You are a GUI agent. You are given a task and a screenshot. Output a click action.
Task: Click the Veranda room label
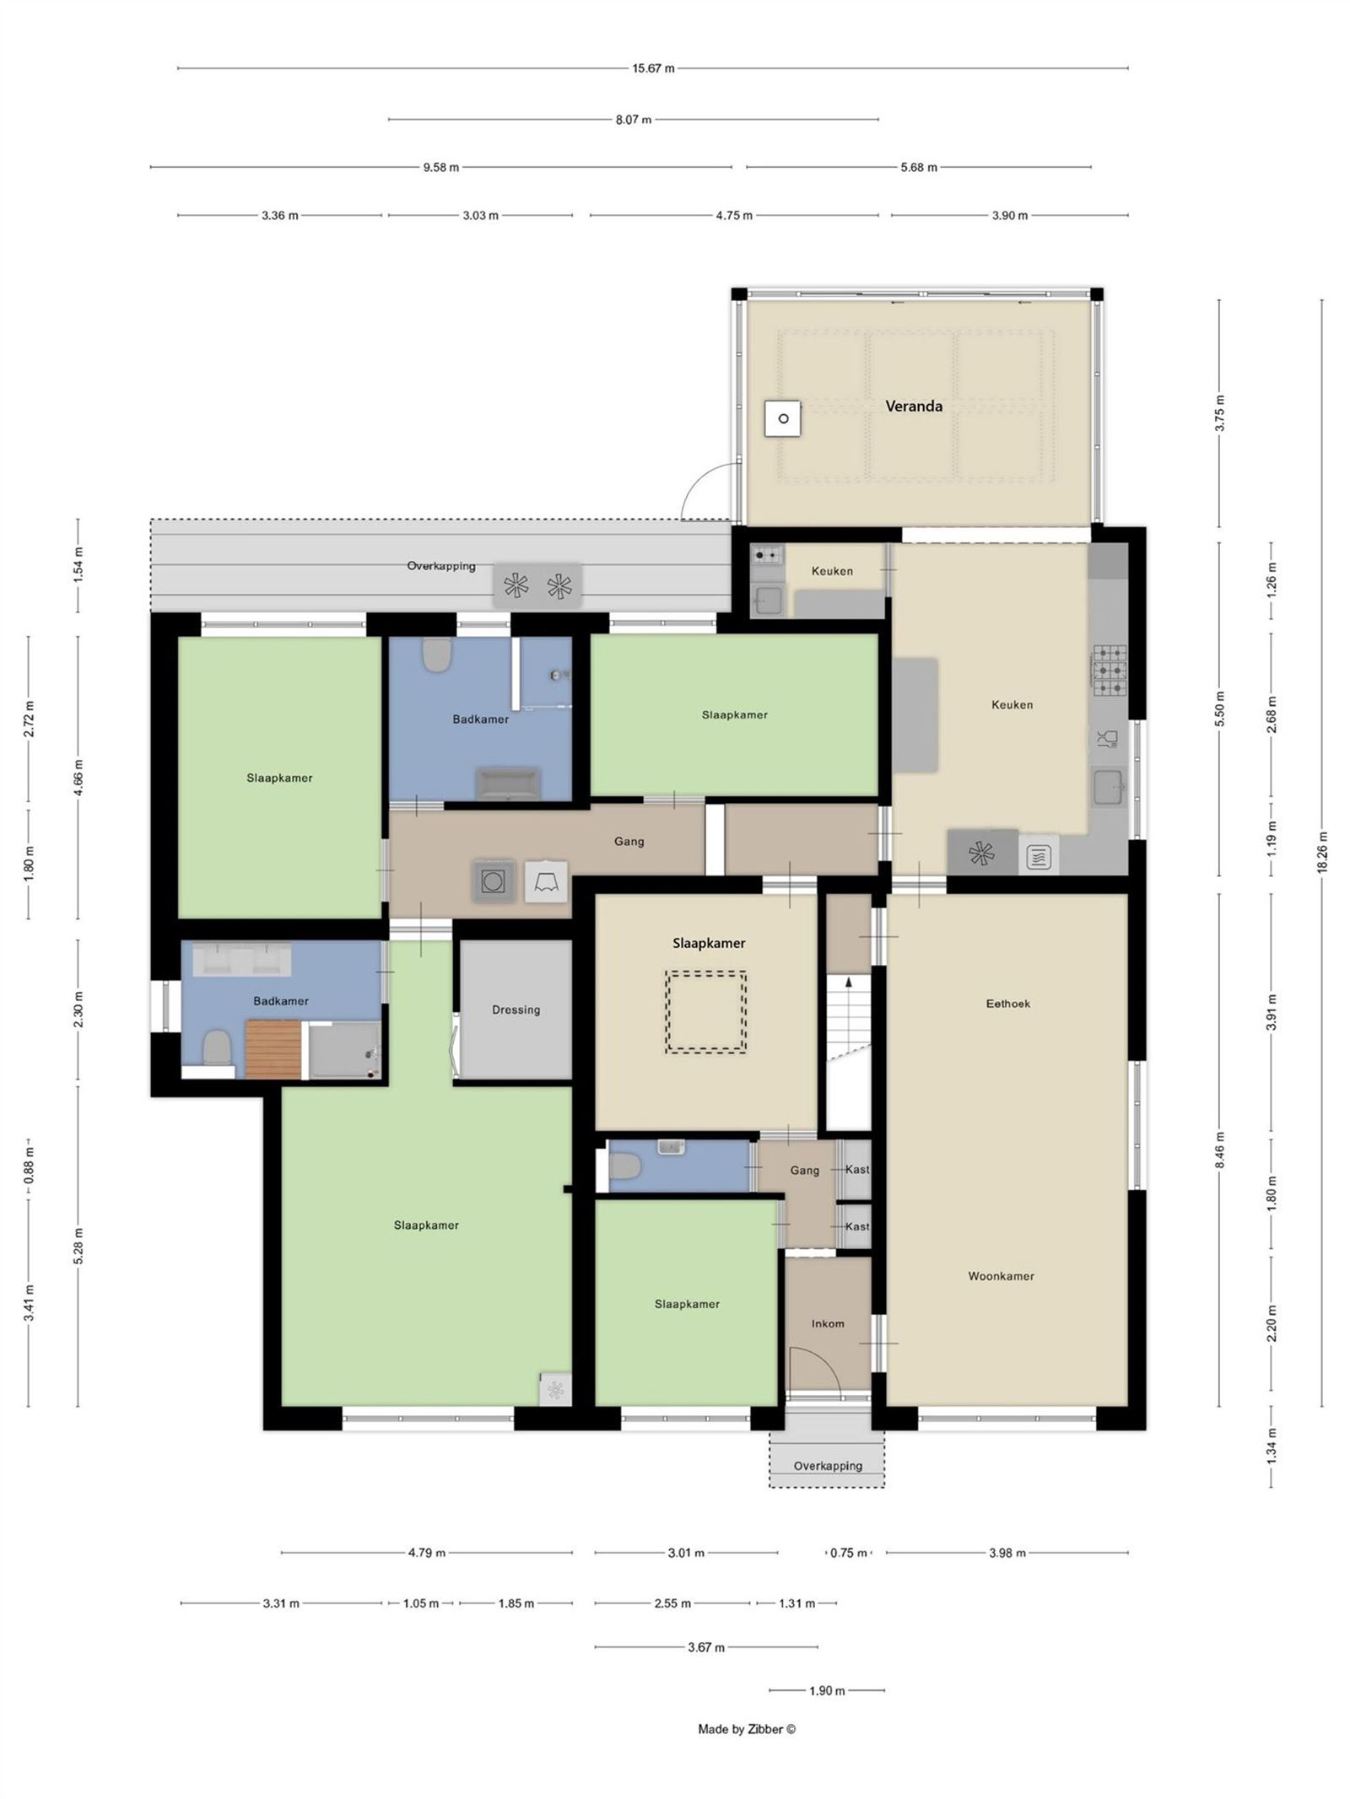pyautogui.click(x=913, y=406)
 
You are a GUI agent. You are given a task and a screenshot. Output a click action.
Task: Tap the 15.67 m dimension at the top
pyautogui.click(x=652, y=68)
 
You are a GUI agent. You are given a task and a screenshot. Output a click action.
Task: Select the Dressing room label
pyautogui.click(x=516, y=1010)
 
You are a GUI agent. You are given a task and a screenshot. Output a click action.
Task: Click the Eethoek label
pyautogui.click(x=1007, y=1004)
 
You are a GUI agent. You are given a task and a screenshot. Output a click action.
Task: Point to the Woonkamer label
pyautogui.click(x=1001, y=1276)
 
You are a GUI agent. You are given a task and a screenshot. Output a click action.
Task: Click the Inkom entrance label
pyautogui.click(x=827, y=1323)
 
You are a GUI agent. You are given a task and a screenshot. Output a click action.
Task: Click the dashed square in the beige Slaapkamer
pyautogui.click(x=705, y=1012)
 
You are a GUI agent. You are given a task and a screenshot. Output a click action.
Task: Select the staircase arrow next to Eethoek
pyautogui.click(x=849, y=982)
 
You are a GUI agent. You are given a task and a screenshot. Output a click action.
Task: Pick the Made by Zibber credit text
pyautogui.click(x=746, y=1728)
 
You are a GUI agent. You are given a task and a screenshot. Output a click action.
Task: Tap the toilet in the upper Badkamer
pyautogui.click(x=436, y=655)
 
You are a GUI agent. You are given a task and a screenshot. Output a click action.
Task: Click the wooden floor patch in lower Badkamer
pyautogui.click(x=273, y=1048)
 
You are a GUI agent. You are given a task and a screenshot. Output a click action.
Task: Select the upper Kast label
pyautogui.click(x=856, y=1169)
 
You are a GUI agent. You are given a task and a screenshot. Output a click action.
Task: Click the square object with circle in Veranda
pyautogui.click(x=782, y=418)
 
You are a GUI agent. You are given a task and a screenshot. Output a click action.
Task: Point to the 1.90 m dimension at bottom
pyautogui.click(x=826, y=1690)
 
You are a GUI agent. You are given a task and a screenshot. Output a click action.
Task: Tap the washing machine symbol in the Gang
pyautogui.click(x=493, y=882)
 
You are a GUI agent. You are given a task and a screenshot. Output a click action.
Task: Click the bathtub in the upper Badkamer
pyautogui.click(x=507, y=784)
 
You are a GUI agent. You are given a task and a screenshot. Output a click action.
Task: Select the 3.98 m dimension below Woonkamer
pyautogui.click(x=1007, y=1553)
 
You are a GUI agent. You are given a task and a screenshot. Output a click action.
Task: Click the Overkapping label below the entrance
pyautogui.click(x=827, y=1466)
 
